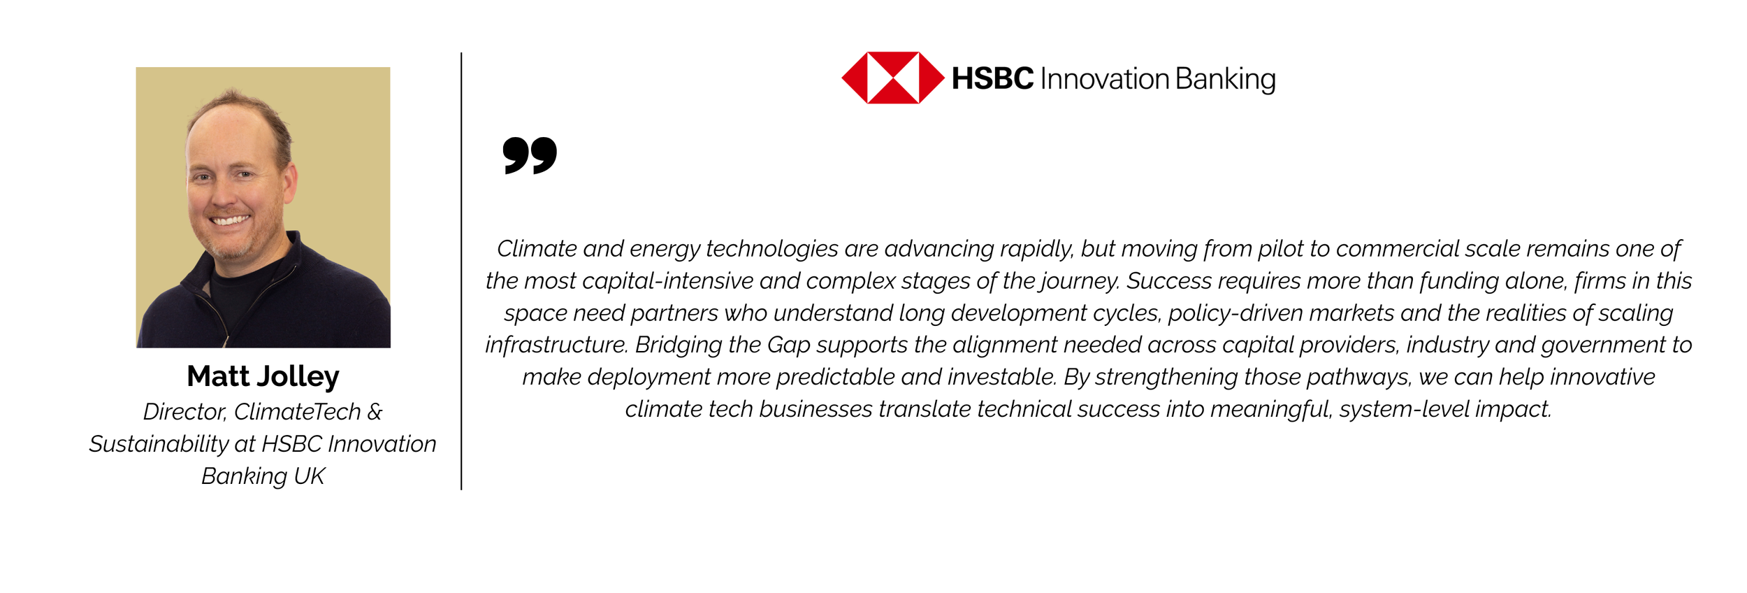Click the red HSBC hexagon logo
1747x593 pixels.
point(892,78)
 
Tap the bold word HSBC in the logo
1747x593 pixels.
point(992,78)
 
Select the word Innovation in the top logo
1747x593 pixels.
point(1105,78)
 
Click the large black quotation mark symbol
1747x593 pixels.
point(530,155)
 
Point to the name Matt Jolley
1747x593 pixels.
point(263,376)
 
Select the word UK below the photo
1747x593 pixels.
point(309,476)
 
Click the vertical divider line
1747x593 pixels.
point(461,271)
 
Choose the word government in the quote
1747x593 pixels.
point(1604,345)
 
